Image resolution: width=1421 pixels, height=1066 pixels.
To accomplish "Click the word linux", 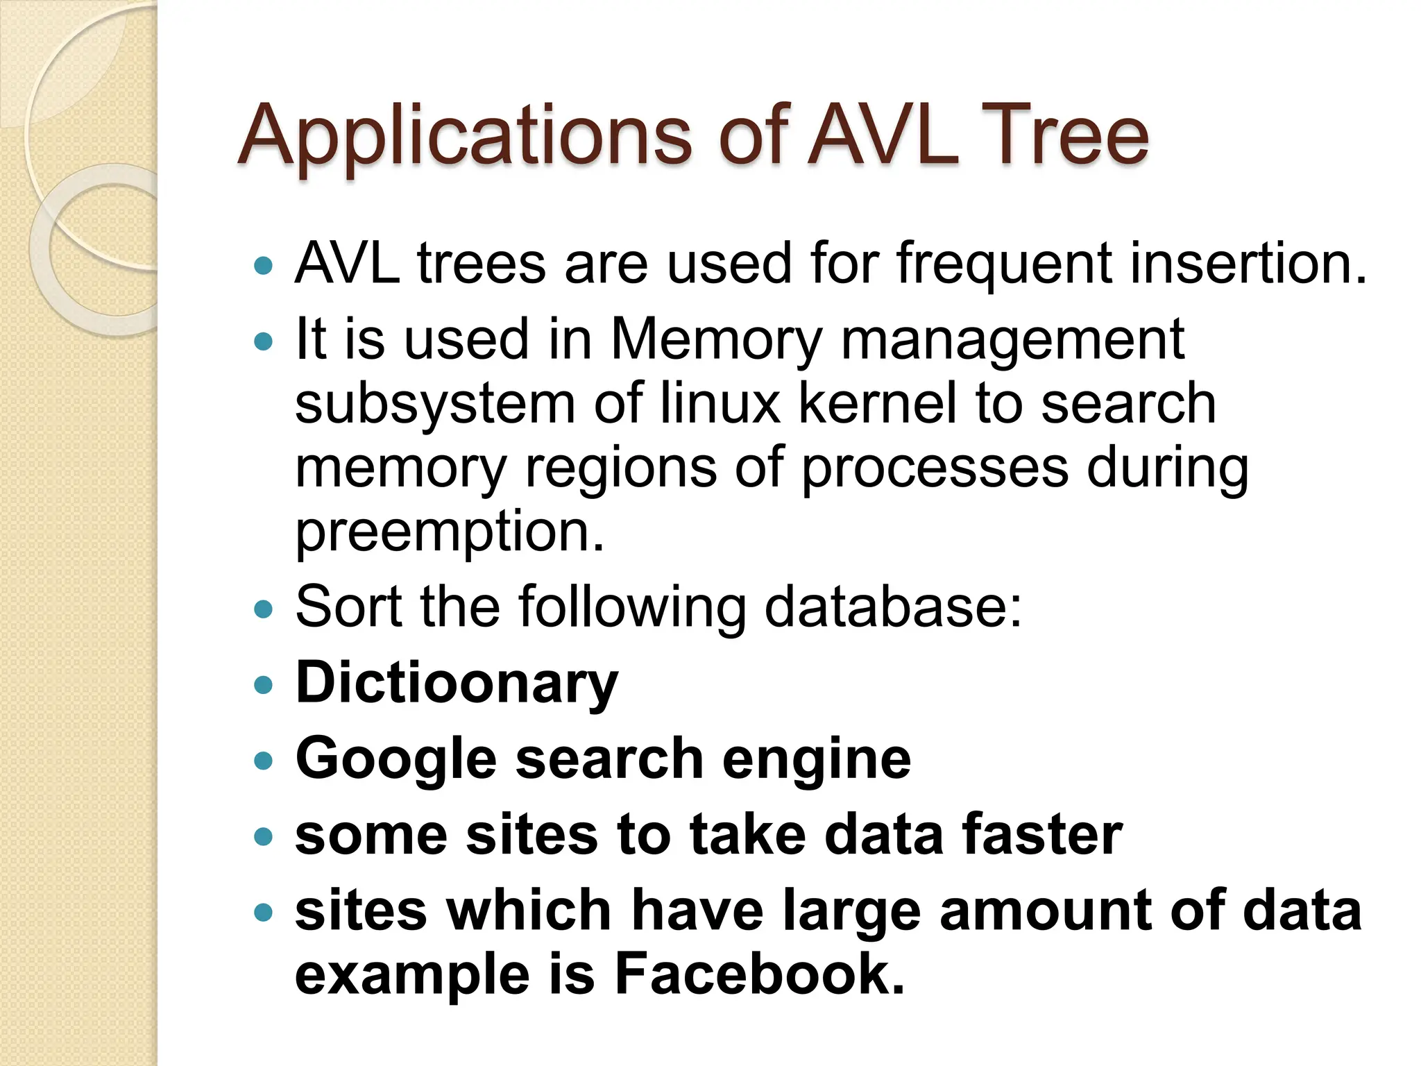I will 720,403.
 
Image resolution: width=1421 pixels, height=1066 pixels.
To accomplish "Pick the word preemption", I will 449,533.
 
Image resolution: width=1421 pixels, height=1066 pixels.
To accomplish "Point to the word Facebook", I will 759,974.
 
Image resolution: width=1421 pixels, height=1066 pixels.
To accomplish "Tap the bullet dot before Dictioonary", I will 264,686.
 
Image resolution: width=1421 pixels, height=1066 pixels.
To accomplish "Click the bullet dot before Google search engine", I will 264,761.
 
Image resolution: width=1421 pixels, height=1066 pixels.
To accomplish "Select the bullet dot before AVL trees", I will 264,265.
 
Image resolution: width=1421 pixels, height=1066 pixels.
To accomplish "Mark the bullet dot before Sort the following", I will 264,609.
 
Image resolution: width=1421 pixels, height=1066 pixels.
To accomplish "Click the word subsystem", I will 435,405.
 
